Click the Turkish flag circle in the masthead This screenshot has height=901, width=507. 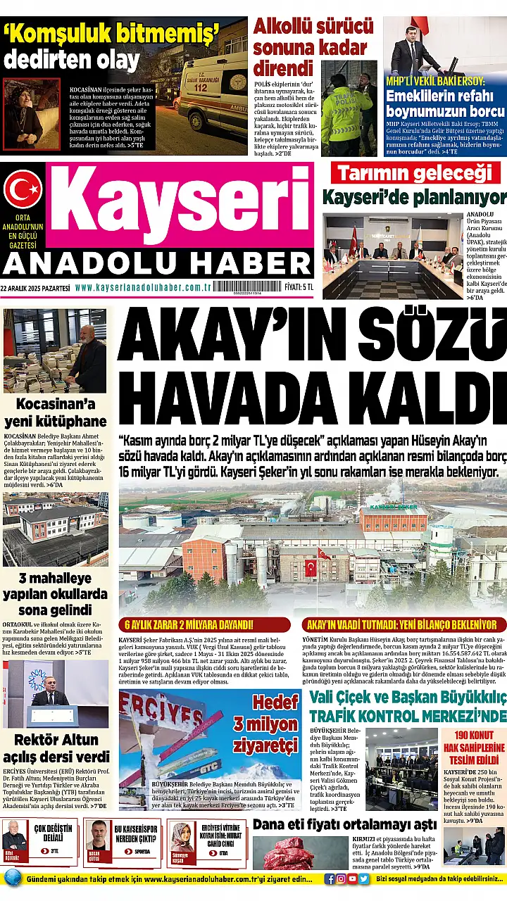coord(23,190)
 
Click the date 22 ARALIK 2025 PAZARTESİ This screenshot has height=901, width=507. coord(35,287)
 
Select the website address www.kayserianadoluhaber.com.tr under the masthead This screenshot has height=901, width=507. coord(144,287)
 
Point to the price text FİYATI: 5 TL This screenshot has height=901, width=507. coord(299,287)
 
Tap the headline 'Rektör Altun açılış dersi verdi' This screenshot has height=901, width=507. coord(56,748)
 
